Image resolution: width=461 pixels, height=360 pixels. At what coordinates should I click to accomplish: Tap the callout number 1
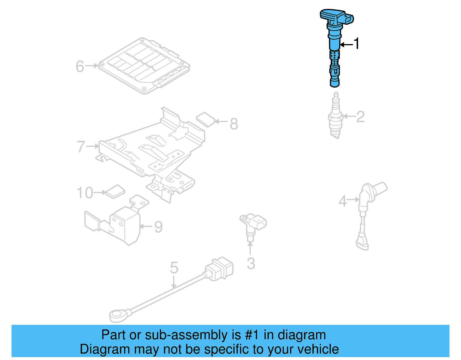[x=357, y=44]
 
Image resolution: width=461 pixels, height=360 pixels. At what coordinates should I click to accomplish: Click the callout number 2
[x=360, y=117]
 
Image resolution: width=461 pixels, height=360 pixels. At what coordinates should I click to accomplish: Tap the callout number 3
[x=251, y=264]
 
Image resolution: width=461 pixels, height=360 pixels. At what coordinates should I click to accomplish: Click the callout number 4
[x=343, y=201]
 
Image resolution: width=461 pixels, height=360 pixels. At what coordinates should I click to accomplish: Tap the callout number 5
[x=174, y=268]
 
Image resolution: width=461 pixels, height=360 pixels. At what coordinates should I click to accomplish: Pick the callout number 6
[x=80, y=66]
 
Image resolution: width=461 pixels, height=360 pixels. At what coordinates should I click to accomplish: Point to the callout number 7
[x=81, y=146]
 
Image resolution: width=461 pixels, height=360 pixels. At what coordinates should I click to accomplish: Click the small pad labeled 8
[x=205, y=119]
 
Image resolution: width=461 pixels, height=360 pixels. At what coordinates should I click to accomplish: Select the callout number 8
[x=234, y=124]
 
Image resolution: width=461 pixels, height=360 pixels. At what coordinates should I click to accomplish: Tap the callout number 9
[x=158, y=227]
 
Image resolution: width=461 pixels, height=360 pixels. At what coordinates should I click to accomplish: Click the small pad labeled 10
[x=115, y=191]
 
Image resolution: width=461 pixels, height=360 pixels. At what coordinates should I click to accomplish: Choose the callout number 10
[x=85, y=193]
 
